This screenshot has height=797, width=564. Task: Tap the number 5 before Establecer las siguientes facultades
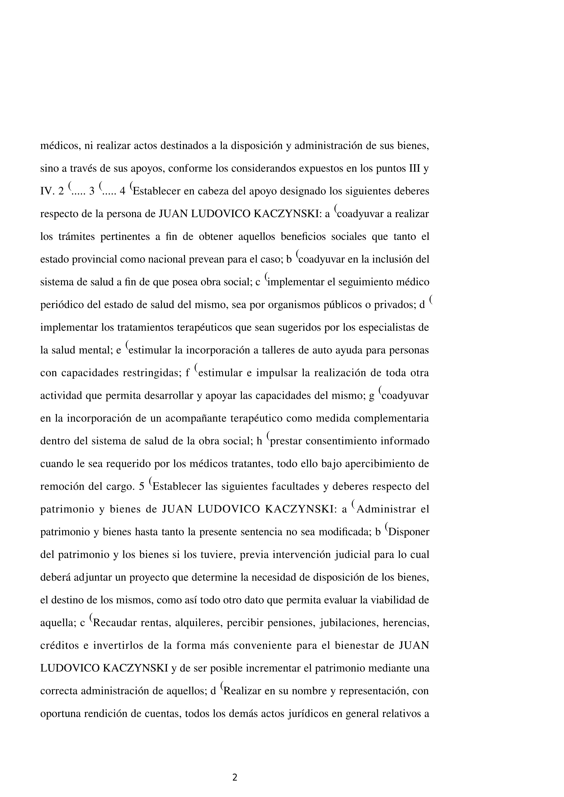tap(141, 487)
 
